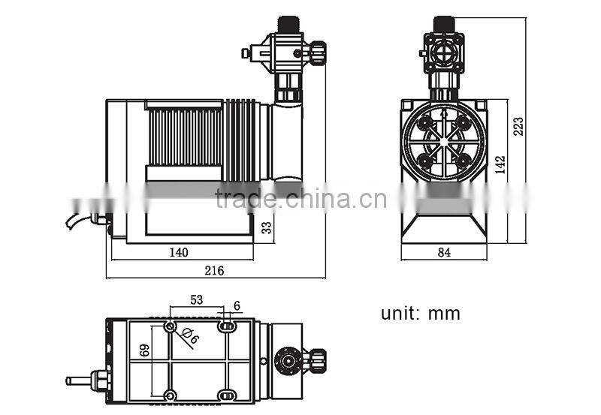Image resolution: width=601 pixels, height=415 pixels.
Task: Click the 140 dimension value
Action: pos(178,252)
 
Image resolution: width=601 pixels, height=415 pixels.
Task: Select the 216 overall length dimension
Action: pos(215,270)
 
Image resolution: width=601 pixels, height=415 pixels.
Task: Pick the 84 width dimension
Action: pos(444,253)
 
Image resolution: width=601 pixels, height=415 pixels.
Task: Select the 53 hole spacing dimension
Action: pos(196,300)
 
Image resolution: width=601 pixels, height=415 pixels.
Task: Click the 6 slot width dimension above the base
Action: pos(237,305)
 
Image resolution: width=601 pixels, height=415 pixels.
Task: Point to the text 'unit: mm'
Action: pos(420,313)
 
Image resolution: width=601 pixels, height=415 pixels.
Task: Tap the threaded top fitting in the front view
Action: pos(444,26)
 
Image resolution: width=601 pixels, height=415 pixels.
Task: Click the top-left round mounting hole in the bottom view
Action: pos(171,326)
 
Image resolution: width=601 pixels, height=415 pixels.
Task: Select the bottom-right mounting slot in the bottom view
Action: pos(225,395)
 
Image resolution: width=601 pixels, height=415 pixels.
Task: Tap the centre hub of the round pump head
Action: pos(444,143)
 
